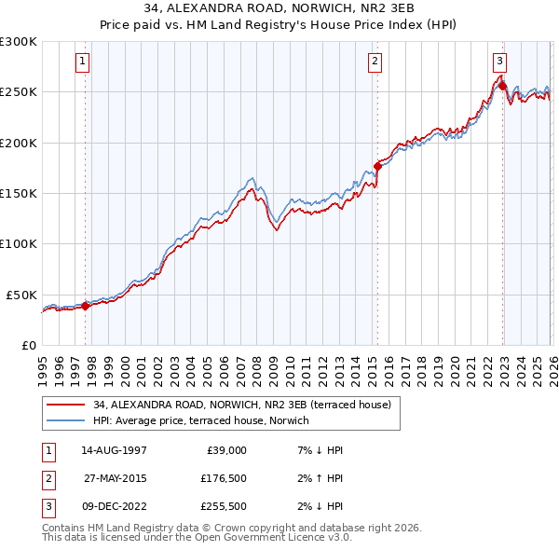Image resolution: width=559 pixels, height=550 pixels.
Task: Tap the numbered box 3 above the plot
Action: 499,62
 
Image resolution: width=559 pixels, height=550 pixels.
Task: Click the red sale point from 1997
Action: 85,305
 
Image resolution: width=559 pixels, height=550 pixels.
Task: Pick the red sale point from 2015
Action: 377,166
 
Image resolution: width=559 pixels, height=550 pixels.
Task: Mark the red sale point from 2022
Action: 502,87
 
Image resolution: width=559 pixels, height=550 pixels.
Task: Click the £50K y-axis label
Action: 22,295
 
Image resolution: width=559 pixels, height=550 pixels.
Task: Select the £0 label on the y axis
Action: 30,345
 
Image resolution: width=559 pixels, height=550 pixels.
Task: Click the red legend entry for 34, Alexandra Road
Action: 248,405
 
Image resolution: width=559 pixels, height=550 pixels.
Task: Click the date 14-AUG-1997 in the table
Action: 114,450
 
